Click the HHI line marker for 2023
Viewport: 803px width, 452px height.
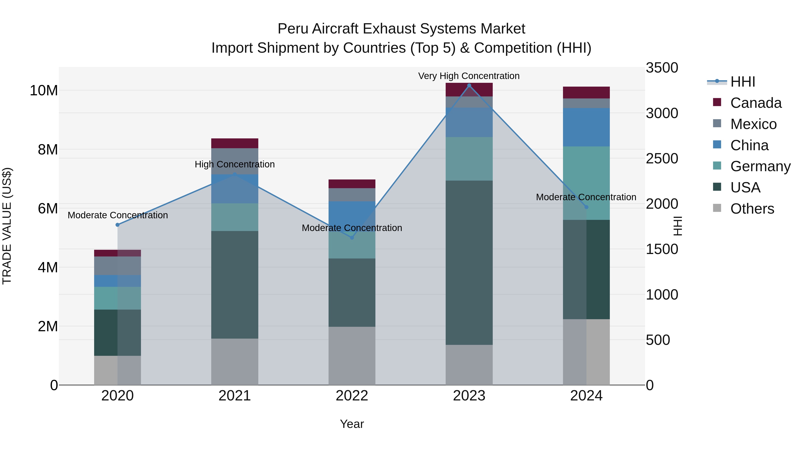(469, 85)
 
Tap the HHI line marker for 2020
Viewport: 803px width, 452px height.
(118, 225)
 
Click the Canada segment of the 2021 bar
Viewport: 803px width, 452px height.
(235, 143)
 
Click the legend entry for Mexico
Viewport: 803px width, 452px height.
(753, 124)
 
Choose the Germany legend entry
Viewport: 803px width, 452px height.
(760, 166)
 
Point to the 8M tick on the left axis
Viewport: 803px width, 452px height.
(48, 150)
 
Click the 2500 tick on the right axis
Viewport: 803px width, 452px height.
(662, 159)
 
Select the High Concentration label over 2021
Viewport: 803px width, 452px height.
(234, 164)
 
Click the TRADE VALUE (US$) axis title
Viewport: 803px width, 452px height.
(7, 226)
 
